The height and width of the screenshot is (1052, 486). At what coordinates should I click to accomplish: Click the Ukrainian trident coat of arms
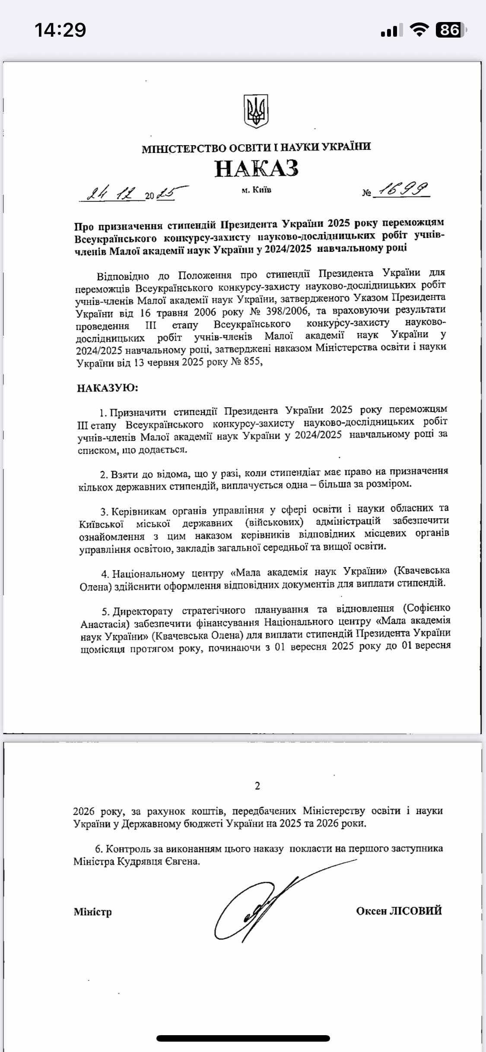pos(256,111)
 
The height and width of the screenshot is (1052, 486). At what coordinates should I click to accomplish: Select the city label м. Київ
pos(257,190)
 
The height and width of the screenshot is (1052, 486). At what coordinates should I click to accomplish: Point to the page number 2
pos(257,786)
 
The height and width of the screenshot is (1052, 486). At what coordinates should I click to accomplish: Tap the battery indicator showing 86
pos(451,30)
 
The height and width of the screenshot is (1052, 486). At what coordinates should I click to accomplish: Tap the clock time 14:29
pos(60,30)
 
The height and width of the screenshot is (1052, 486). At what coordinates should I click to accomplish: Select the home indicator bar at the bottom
pos(243,1038)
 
